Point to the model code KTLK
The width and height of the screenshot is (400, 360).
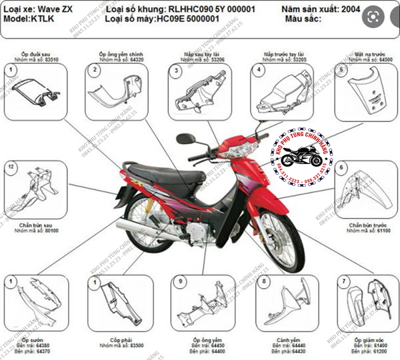pyautogui.click(x=41, y=19)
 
